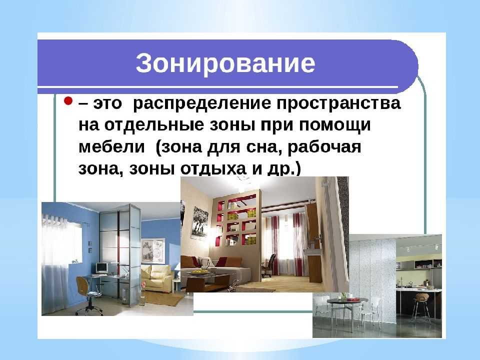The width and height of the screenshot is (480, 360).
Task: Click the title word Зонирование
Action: tap(225, 64)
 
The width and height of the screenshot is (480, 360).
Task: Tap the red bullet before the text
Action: tap(68, 101)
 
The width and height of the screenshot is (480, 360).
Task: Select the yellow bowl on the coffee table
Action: tap(199, 271)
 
